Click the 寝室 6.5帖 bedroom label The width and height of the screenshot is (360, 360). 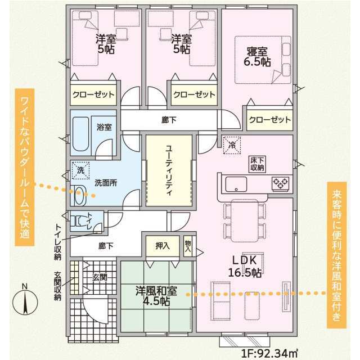[x=258, y=57]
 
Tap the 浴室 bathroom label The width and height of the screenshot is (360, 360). [x=103, y=127]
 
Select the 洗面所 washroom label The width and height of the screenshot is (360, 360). [x=105, y=182]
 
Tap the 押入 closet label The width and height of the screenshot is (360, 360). [x=162, y=245]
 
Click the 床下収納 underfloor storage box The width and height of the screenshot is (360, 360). [x=258, y=164]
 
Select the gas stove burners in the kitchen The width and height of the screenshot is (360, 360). [x=280, y=182]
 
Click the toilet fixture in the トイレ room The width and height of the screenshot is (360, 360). [x=79, y=220]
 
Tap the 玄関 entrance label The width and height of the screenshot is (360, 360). [x=102, y=276]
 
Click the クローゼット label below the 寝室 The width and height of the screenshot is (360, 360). [x=270, y=120]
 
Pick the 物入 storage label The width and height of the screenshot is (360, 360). [x=187, y=245]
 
